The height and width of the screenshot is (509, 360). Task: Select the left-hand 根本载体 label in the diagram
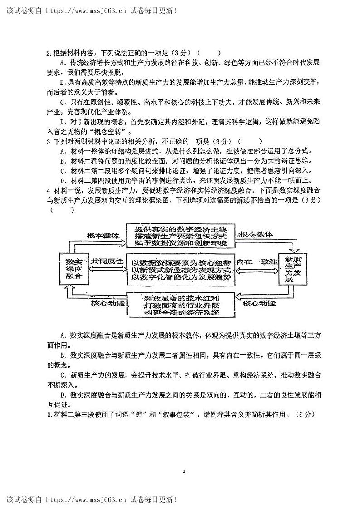(103, 236)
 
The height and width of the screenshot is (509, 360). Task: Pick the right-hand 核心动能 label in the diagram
(259, 302)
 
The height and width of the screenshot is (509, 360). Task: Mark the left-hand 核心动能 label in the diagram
(107, 302)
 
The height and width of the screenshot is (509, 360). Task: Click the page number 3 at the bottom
(184, 471)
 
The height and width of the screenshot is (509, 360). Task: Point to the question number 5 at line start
(49, 414)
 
